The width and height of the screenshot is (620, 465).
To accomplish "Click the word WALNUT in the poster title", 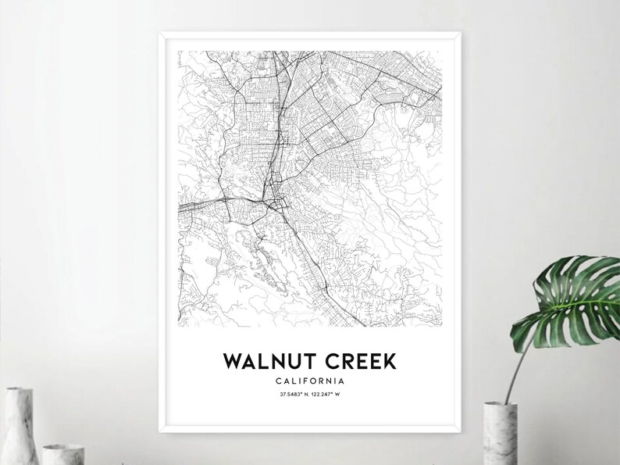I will (x=267, y=361).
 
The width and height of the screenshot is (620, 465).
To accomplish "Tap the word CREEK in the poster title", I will (x=358, y=361).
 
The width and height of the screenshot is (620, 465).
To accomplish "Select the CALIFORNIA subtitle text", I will (x=310, y=381).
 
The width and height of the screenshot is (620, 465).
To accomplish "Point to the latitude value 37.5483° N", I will (x=293, y=395).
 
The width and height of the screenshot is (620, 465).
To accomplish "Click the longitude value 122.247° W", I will (x=329, y=395).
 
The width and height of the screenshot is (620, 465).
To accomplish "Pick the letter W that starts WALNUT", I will (x=233, y=361).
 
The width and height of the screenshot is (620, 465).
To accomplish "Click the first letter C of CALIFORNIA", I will (x=279, y=381).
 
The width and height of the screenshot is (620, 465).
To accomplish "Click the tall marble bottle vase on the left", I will (x=19, y=426).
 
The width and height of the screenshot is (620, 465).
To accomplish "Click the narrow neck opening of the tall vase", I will (x=16, y=388).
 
